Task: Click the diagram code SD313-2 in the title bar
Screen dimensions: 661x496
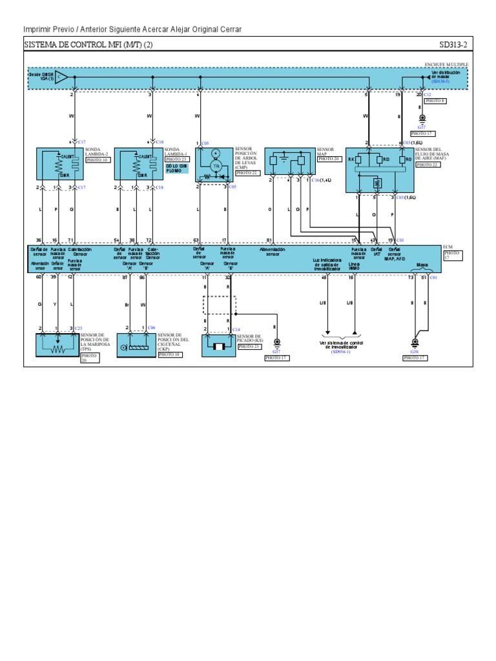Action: [x=454, y=45]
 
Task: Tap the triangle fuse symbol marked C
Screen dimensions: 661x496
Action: [x=61, y=77]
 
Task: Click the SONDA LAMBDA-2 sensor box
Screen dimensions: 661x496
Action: [x=57, y=164]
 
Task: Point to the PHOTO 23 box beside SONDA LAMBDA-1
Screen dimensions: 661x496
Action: [x=176, y=159]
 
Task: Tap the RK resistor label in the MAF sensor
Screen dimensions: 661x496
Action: [x=352, y=159]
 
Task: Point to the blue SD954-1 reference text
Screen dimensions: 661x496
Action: [x=341, y=352]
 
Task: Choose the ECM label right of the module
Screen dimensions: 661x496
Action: [x=449, y=247]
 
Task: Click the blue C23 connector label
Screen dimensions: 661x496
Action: [x=78, y=328]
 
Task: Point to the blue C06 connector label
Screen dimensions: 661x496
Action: [x=152, y=328]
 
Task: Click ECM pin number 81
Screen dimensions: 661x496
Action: [x=269, y=239]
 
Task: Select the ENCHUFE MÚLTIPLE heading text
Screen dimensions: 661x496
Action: [x=446, y=65]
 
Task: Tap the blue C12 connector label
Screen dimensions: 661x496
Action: [x=428, y=94]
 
